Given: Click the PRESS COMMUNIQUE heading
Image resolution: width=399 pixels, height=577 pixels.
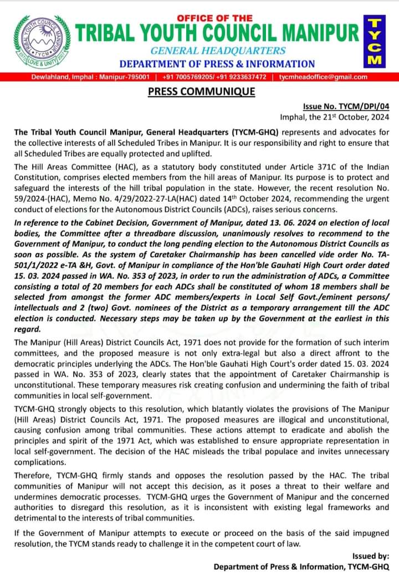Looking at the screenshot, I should tap(201, 91).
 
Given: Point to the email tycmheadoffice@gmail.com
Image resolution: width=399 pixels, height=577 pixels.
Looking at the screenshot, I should tap(323, 77).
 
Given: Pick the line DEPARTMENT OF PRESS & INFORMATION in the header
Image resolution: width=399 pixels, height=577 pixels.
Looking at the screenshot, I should tap(217, 64).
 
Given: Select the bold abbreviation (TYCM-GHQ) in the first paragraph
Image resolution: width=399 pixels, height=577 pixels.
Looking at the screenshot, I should tap(254, 133).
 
